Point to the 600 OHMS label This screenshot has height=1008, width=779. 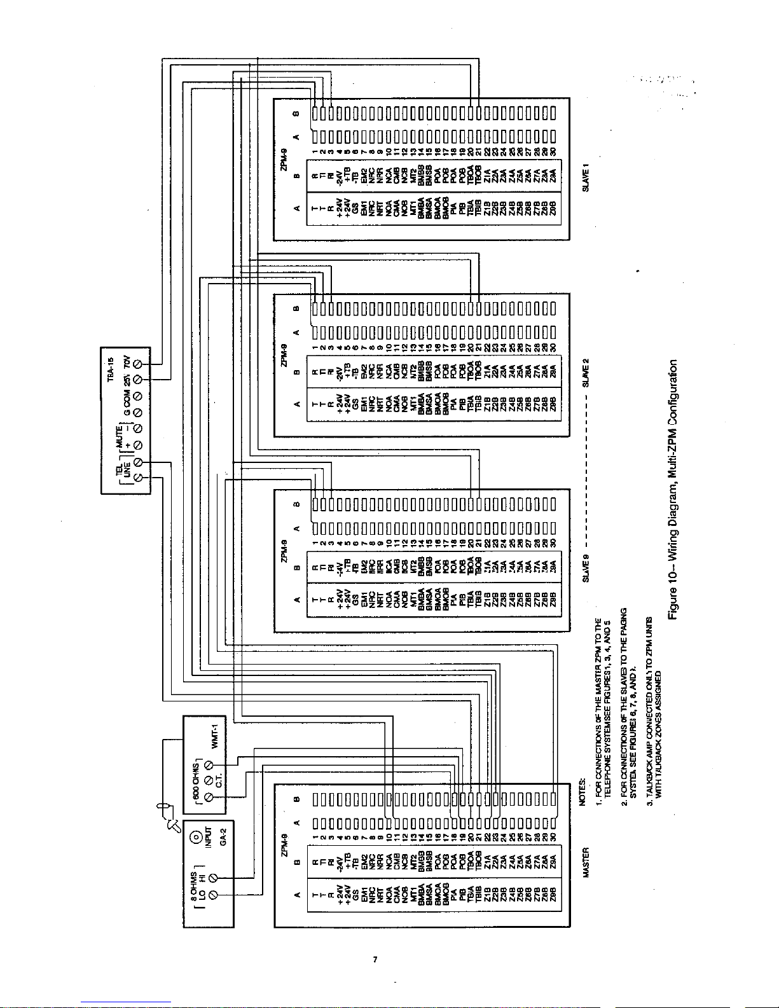pos(196,780)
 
